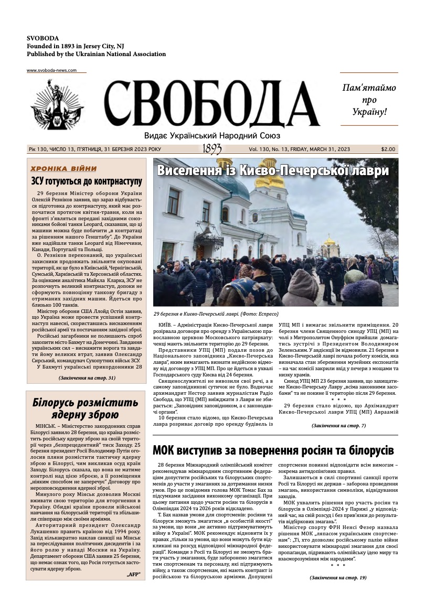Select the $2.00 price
pyautogui.click(x=389, y=149)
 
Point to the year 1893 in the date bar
pyautogui.click(x=211, y=149)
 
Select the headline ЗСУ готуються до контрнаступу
pyautogui.click(x=87, y=181)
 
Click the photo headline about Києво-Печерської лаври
pyautogui.click(x=273, y=171)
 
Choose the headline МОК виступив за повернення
pyautogui.click(x=273, y=450)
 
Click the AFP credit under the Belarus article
pyautogui.click(x=134, y=575)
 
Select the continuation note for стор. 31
pyautogui.click(x=87, y=377)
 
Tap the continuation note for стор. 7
pyautogui.click(x=338, y=425)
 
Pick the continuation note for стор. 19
pyautogui.click(x=338, y=577)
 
